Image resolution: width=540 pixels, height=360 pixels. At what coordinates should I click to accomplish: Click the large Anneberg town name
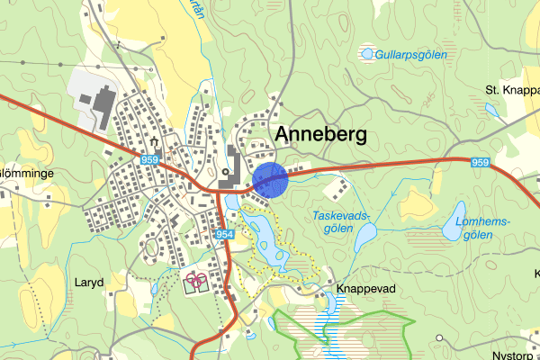click(x=321, y=134)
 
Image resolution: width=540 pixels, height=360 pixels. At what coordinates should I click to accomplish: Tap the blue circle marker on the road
click(x=270, y=180)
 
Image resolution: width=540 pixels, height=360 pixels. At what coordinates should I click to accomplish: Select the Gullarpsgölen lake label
click(x=411, y=55)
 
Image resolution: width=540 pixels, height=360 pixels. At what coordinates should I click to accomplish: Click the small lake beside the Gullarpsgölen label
click(x=367, y=55)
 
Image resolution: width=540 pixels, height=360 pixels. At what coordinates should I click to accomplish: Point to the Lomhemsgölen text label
click(x=483, y=228)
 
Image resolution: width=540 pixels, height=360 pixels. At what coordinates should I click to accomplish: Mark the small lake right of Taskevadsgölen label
click(x=365, y=237)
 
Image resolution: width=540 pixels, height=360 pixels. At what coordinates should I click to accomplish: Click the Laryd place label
click(x=89, y=282)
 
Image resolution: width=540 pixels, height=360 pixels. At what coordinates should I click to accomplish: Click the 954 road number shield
click(x=224, y=234)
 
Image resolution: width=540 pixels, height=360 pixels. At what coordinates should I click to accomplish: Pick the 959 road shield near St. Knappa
click(x=481, y=163)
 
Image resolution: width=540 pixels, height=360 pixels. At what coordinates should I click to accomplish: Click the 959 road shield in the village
click(x=150, y=159)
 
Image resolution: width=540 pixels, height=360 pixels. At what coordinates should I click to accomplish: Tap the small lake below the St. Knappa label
click(x=491, y=110)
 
